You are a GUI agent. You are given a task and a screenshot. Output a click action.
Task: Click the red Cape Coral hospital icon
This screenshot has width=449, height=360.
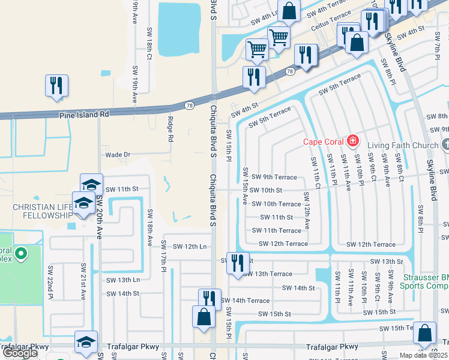(x=353, y=142)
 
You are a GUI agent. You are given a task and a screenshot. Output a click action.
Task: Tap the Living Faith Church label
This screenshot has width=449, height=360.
(x=403, y=145)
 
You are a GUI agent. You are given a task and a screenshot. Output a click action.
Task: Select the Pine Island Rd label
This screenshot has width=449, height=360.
(x=84, y=114)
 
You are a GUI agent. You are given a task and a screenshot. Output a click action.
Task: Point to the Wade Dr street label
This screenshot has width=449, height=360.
(x=118, y=155)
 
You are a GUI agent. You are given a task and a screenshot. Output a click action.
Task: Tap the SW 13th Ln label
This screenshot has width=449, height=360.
(x=123, y=280)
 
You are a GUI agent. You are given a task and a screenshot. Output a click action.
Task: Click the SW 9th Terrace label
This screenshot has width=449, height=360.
(x=274, y=177)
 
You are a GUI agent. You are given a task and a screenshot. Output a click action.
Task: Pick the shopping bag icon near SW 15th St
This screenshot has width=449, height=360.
(x=203, y=316)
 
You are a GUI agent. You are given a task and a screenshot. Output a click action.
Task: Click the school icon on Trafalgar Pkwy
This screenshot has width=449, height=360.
(x=85, y=342)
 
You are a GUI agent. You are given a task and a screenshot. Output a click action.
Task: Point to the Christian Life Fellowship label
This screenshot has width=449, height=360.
(x=38, y=211)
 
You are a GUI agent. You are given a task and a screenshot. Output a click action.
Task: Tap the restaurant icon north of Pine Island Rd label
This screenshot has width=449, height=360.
(x=57, y=85)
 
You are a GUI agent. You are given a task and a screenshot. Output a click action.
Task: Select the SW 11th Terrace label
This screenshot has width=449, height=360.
(x=277, y=230)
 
